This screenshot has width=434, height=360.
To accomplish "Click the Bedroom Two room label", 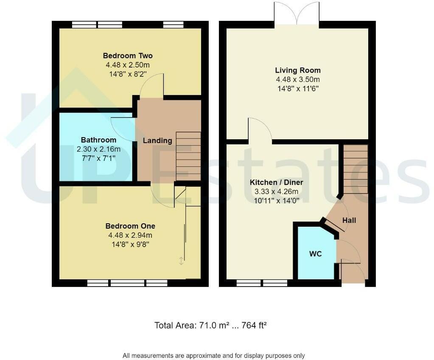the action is tap(128, 56).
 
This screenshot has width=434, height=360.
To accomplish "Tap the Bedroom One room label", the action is tap(130, 226).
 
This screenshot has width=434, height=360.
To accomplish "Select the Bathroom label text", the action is tap(98, 140).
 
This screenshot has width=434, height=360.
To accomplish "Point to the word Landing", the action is tap(157, 141).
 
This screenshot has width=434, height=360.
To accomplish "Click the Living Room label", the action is tap(298, 70).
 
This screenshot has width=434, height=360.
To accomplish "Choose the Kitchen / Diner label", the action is tap(276, 182).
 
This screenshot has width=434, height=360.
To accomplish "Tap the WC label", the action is tap(316, 254).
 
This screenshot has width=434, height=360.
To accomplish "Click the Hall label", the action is tap(349, 220).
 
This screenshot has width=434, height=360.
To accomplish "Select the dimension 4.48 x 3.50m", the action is tap(298, 80).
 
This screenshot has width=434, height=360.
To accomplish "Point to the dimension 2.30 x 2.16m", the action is tap(98, 149).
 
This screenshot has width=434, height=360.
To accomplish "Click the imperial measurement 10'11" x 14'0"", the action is tap(277, 201).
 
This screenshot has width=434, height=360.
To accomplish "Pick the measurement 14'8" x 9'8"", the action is tap(130, 245).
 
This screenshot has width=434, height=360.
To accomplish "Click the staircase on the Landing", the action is tap(188, 156).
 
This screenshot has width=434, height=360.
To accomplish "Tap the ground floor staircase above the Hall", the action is tap(356, 169).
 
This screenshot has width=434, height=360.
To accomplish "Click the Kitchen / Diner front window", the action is tap(262, 283).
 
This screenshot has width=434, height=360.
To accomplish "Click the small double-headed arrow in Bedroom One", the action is tap(181, 261).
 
